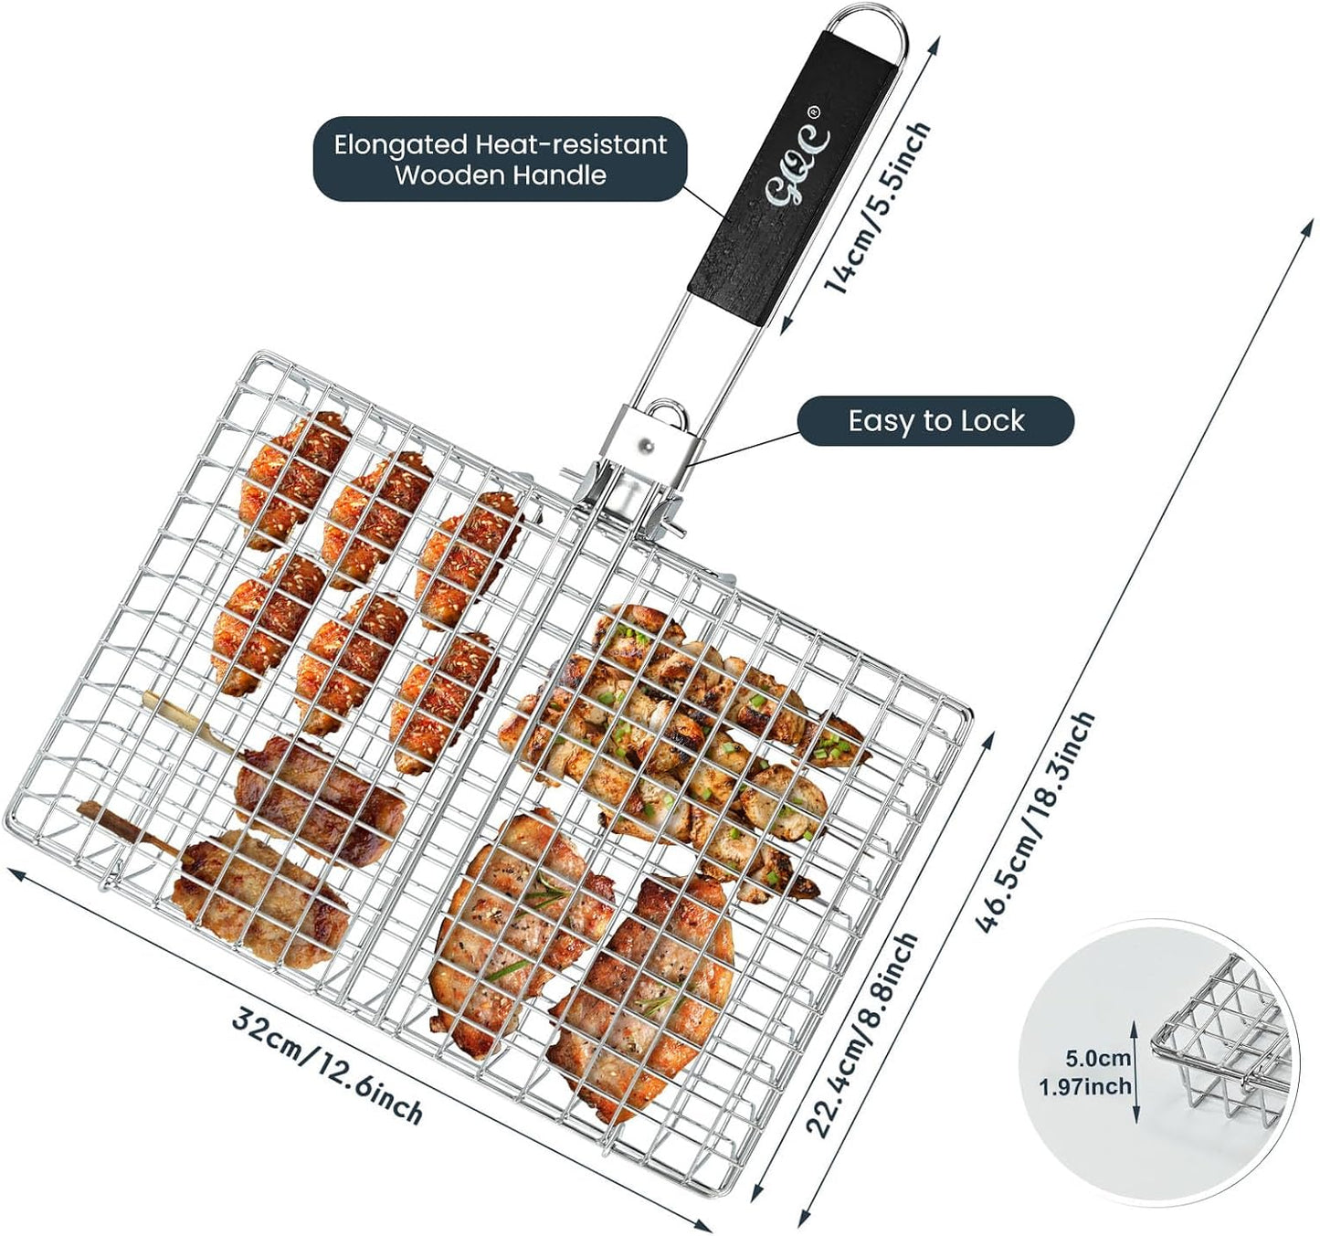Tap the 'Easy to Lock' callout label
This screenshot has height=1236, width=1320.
935,421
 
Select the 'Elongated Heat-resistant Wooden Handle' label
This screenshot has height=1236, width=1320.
500,159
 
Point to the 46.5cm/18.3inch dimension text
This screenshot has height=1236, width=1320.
1033,822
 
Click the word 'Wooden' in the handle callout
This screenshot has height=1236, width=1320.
449,175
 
